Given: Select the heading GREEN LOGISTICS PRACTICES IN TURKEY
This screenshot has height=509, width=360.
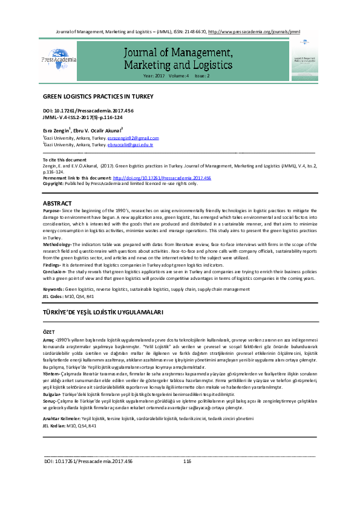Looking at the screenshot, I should coord(98,96).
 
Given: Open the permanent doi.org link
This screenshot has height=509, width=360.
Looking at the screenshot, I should coord(161,178).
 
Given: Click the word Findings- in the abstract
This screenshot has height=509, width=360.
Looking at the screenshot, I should coord(51,265).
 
